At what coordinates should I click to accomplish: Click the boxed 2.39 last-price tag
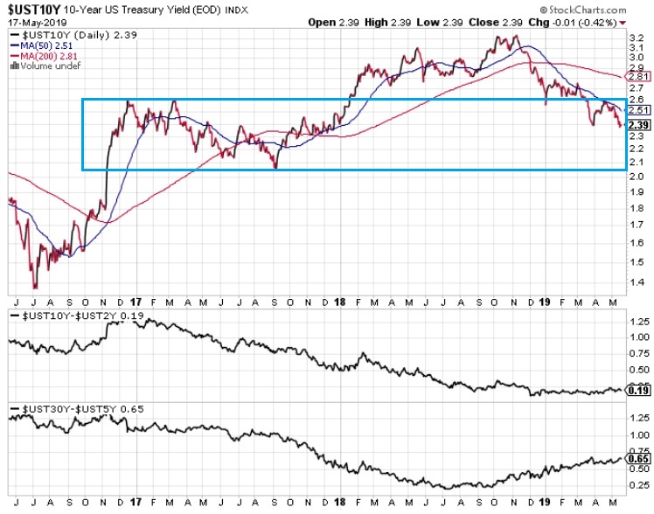click(637, 124)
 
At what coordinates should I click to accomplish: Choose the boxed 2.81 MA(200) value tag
click(637, 77)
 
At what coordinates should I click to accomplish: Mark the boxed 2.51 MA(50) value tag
click(637, 111)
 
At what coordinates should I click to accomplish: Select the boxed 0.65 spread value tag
click(637, 457)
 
